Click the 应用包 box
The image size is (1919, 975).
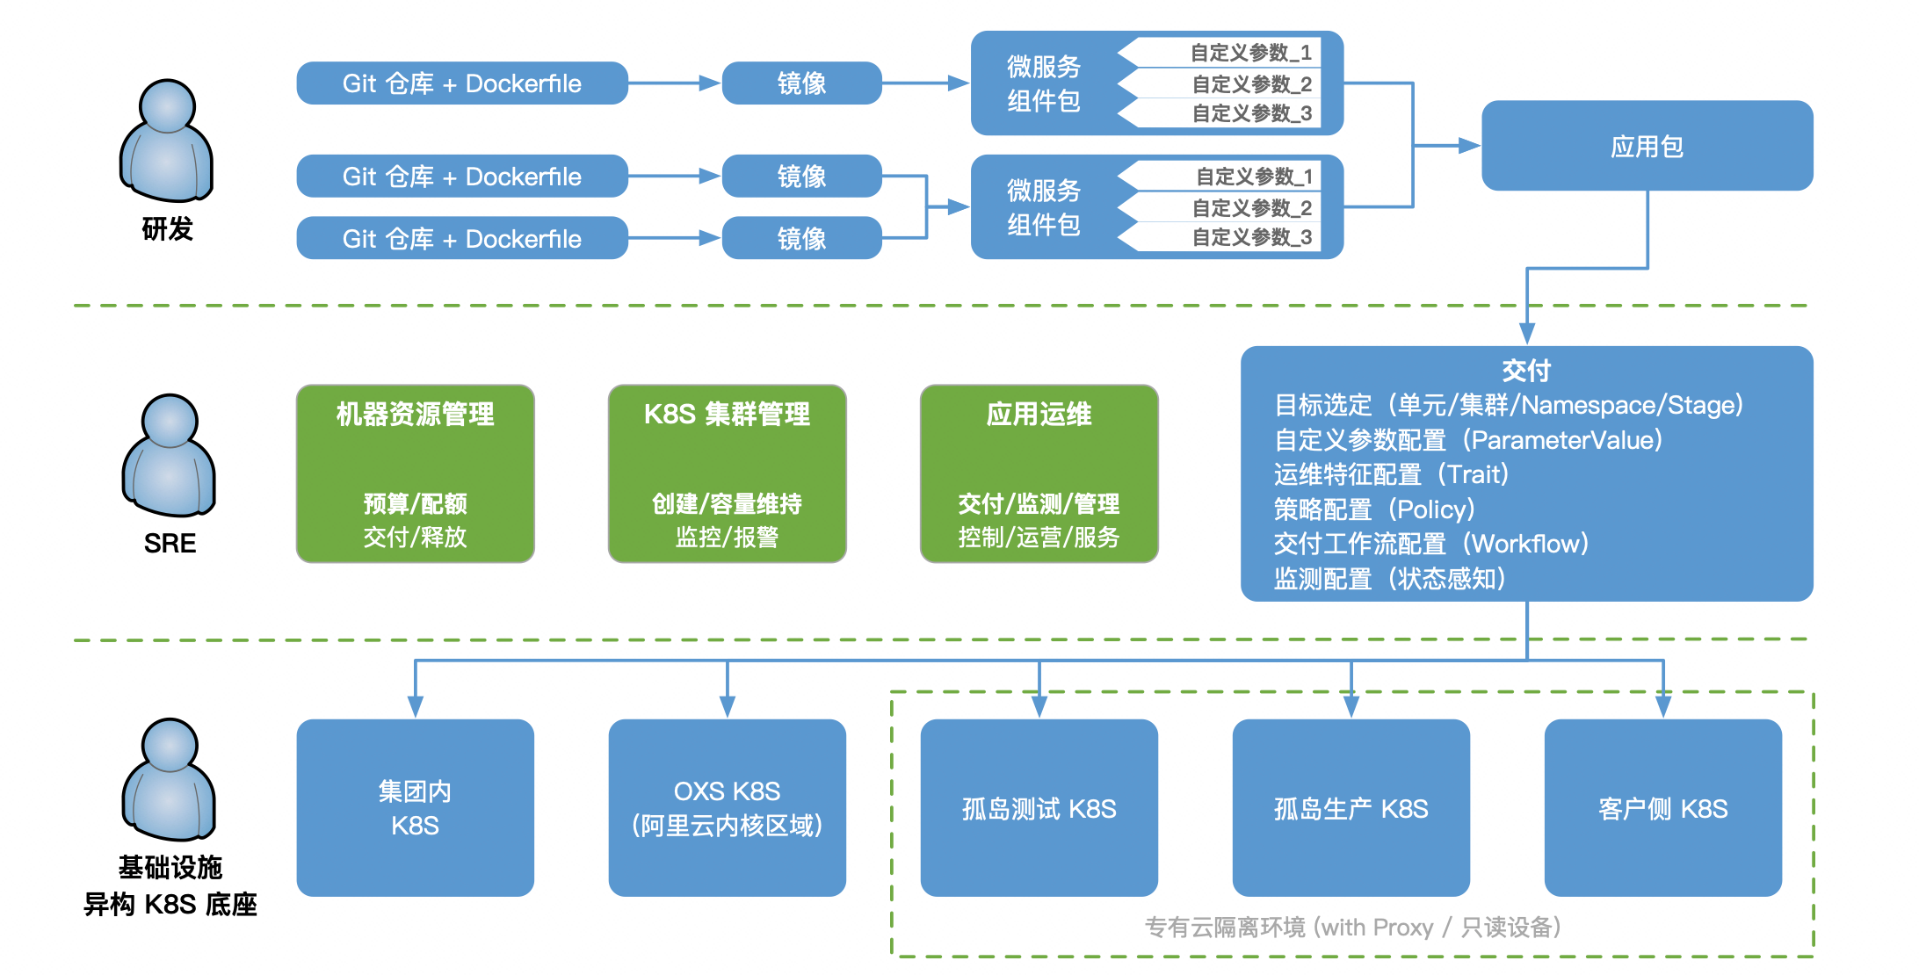pos(1647,146)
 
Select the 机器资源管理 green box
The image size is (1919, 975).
pos(415,473)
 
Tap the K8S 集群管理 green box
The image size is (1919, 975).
pos(727,473)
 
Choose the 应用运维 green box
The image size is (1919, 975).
pos(1039,473)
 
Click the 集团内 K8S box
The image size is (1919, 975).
pos(415,807)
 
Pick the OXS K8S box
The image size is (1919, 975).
pos(727,807)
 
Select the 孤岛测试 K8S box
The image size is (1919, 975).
pos(1039,807)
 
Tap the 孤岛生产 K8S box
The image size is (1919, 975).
pos(1351,807)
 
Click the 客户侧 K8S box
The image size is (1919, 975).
pos(1662,807)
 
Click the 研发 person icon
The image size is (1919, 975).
pos(166,141)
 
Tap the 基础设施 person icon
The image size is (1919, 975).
pos(169,780)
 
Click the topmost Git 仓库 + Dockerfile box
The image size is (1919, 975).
pos(462,83)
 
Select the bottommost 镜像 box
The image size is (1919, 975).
pos(801,238)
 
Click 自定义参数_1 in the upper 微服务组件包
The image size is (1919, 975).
pos(1249,53)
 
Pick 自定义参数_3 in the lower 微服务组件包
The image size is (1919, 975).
pos(1251,237)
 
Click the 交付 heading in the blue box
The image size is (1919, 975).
pos(1526,371)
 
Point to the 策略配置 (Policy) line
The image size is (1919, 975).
pos(1374,509)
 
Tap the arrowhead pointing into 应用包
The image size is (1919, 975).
pos(1469,146)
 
